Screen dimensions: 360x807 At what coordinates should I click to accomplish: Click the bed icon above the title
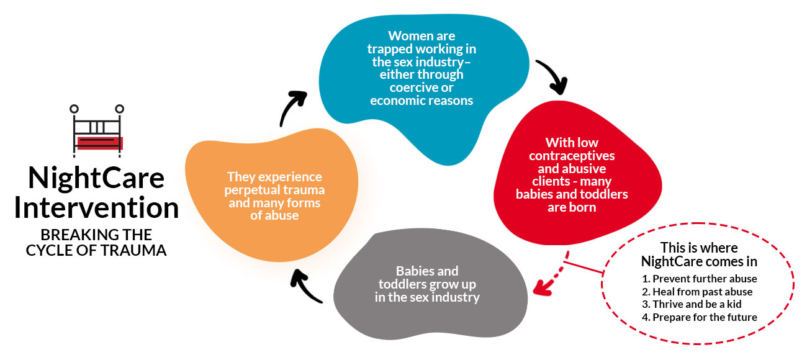98,128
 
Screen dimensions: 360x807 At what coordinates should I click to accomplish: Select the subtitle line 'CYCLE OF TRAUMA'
96,252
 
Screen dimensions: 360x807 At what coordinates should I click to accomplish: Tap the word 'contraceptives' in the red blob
572,156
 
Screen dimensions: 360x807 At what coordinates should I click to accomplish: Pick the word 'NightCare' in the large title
96,179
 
